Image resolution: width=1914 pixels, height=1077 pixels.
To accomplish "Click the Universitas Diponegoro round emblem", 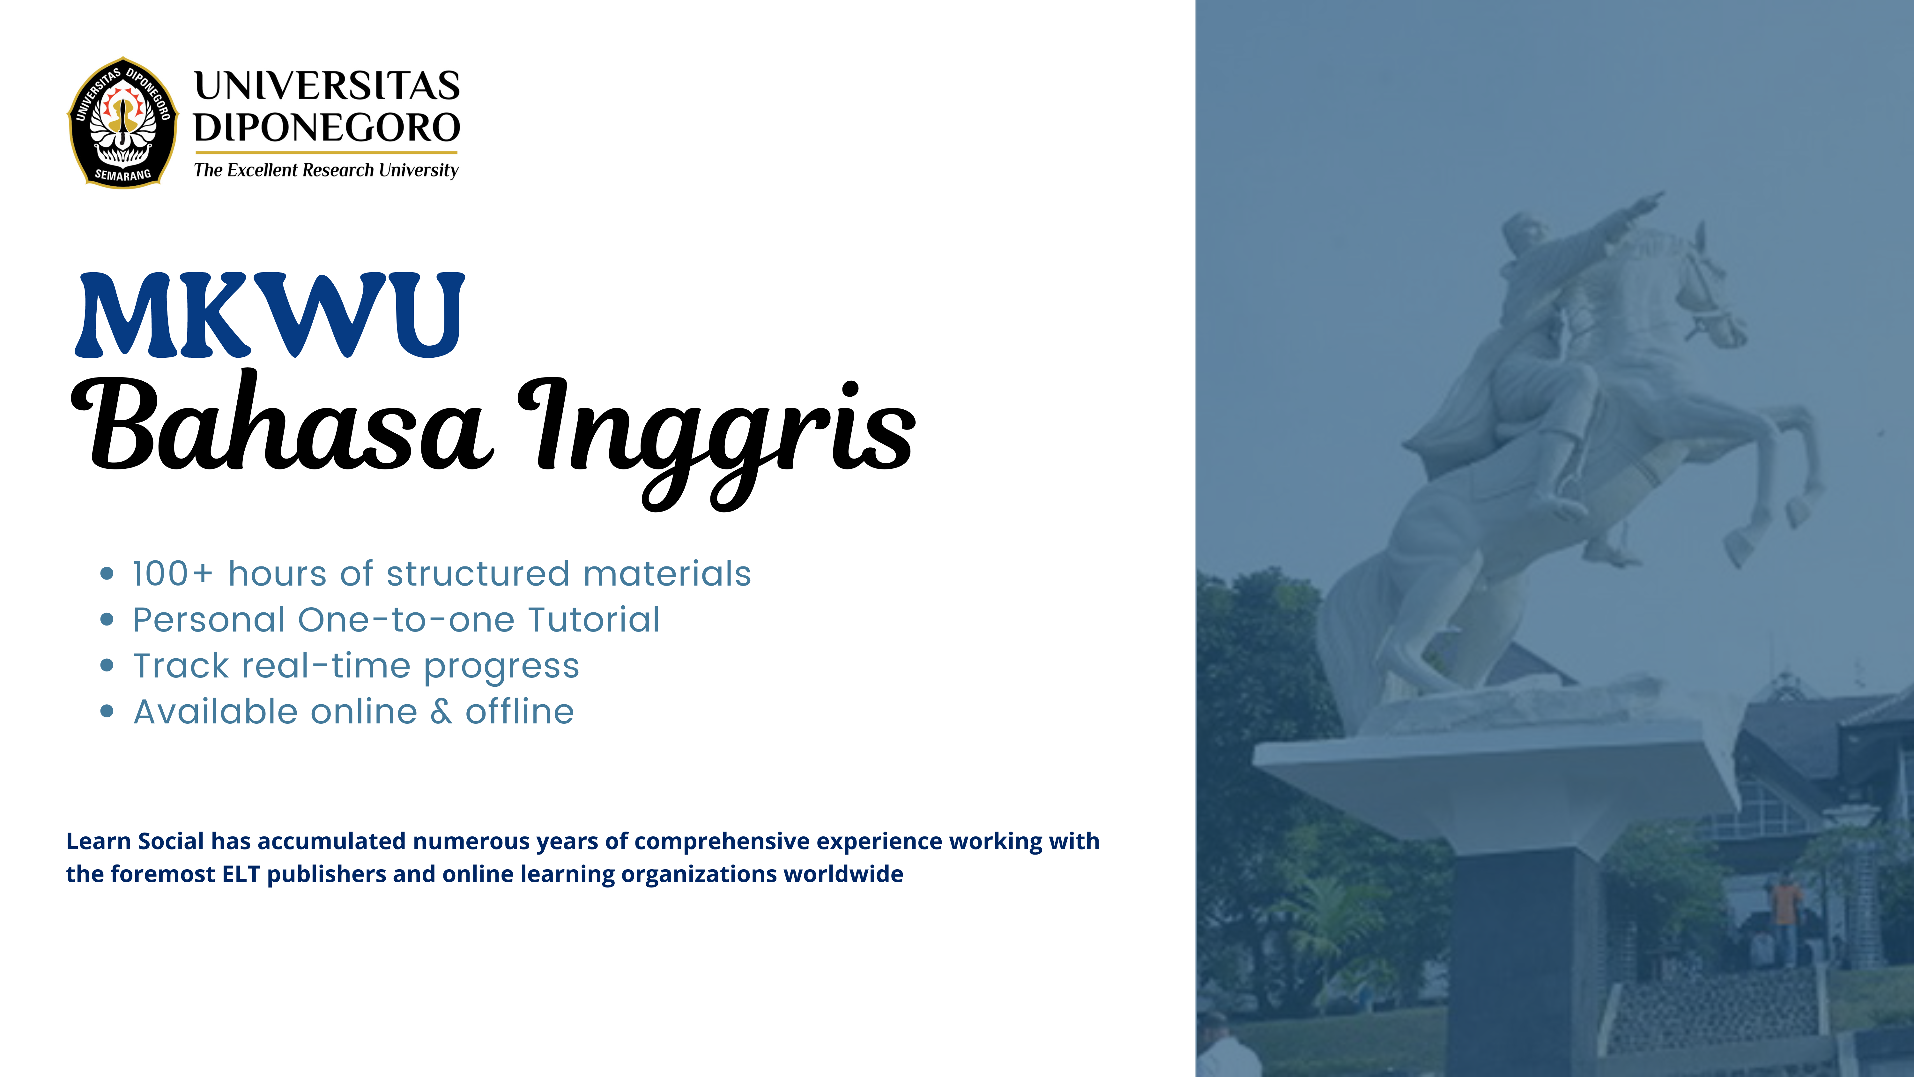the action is [x=123, y=123].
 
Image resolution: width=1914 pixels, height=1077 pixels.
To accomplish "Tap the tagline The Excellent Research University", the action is [x=326, y=170].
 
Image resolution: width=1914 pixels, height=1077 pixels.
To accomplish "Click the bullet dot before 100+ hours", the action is [x=107, y=573].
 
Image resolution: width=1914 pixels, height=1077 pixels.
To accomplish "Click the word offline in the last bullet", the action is [x=520, y=711].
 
